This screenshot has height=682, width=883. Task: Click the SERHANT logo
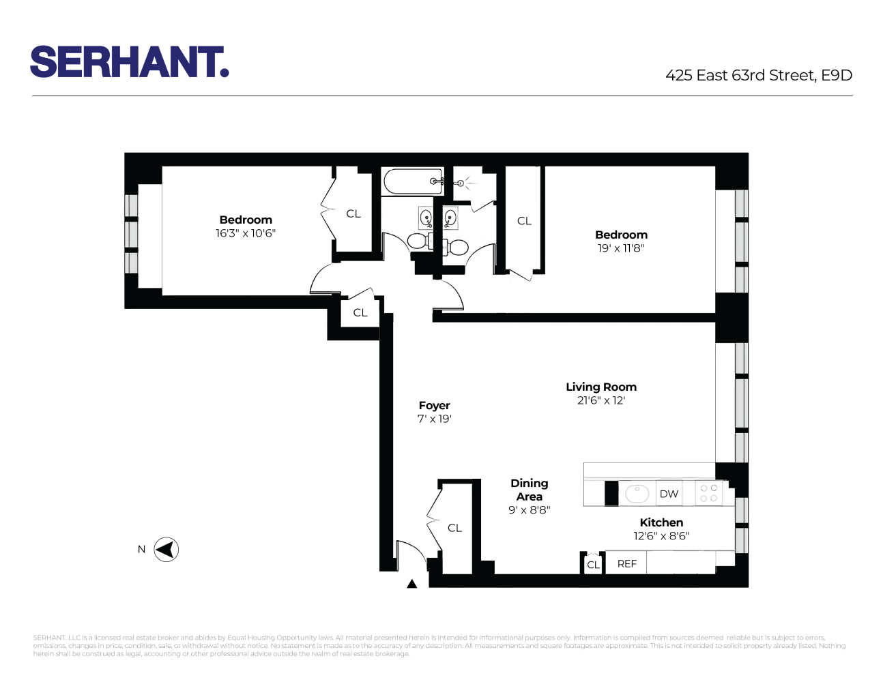tap(129, 62)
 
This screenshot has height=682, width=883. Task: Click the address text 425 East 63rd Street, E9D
tap(759, 76)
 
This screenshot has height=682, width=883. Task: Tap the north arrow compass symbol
tap(166, 550)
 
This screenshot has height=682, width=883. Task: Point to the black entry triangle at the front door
tap(411, 584)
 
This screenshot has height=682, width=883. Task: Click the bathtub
tap(414, 181)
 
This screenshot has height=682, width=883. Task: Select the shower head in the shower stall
tap(461, 183)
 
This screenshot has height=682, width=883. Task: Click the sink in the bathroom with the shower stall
tap(450, 218)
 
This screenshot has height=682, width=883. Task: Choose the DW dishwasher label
tap(669, 494)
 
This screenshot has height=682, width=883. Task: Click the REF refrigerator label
tap(626, 564)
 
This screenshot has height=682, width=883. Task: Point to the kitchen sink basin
tap(637, 493)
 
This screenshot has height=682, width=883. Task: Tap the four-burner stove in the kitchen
tap(709, 493)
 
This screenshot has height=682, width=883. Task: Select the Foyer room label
tap(435, 406)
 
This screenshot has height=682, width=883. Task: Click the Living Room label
tap(601, 387)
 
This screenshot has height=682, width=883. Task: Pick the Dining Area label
tap(530, 490)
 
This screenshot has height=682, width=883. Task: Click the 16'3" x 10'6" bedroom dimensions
tap(246, 233)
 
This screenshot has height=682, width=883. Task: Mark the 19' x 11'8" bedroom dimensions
tap(621, 248)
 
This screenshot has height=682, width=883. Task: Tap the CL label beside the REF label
tap(593, 565)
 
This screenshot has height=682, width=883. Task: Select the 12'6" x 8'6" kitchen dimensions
tap(661, 536)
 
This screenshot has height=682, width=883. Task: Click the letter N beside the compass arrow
tap(142, 550)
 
